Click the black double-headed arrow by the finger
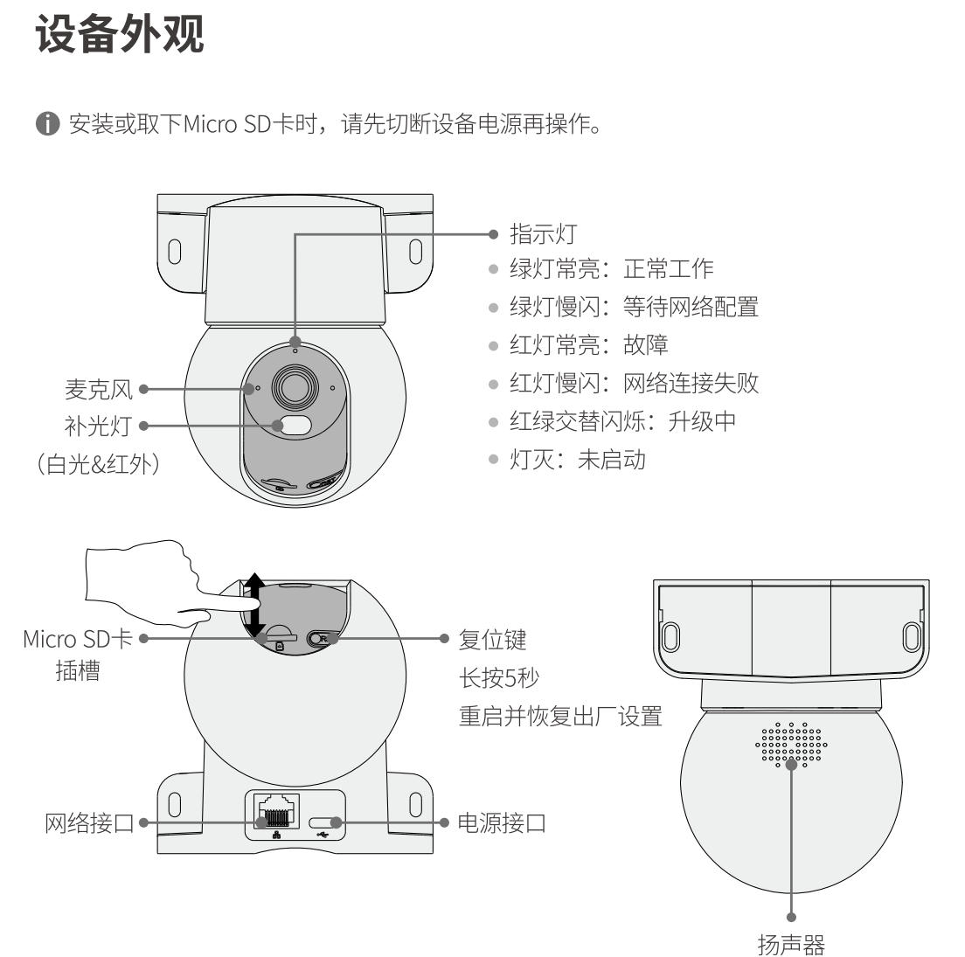click(253, 605)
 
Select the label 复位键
click(493, 639)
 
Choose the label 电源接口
click(502, 822)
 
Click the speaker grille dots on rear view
click(792, 745)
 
